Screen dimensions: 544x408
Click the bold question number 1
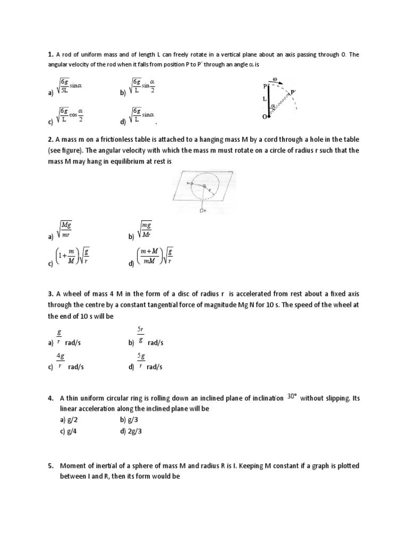click(50, 54)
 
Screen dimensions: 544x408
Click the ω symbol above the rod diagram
click(275, 79)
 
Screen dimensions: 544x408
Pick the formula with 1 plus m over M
click(72, 257)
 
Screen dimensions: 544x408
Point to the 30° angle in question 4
click(292, 396)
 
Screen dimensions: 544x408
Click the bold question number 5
click(50, 466)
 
